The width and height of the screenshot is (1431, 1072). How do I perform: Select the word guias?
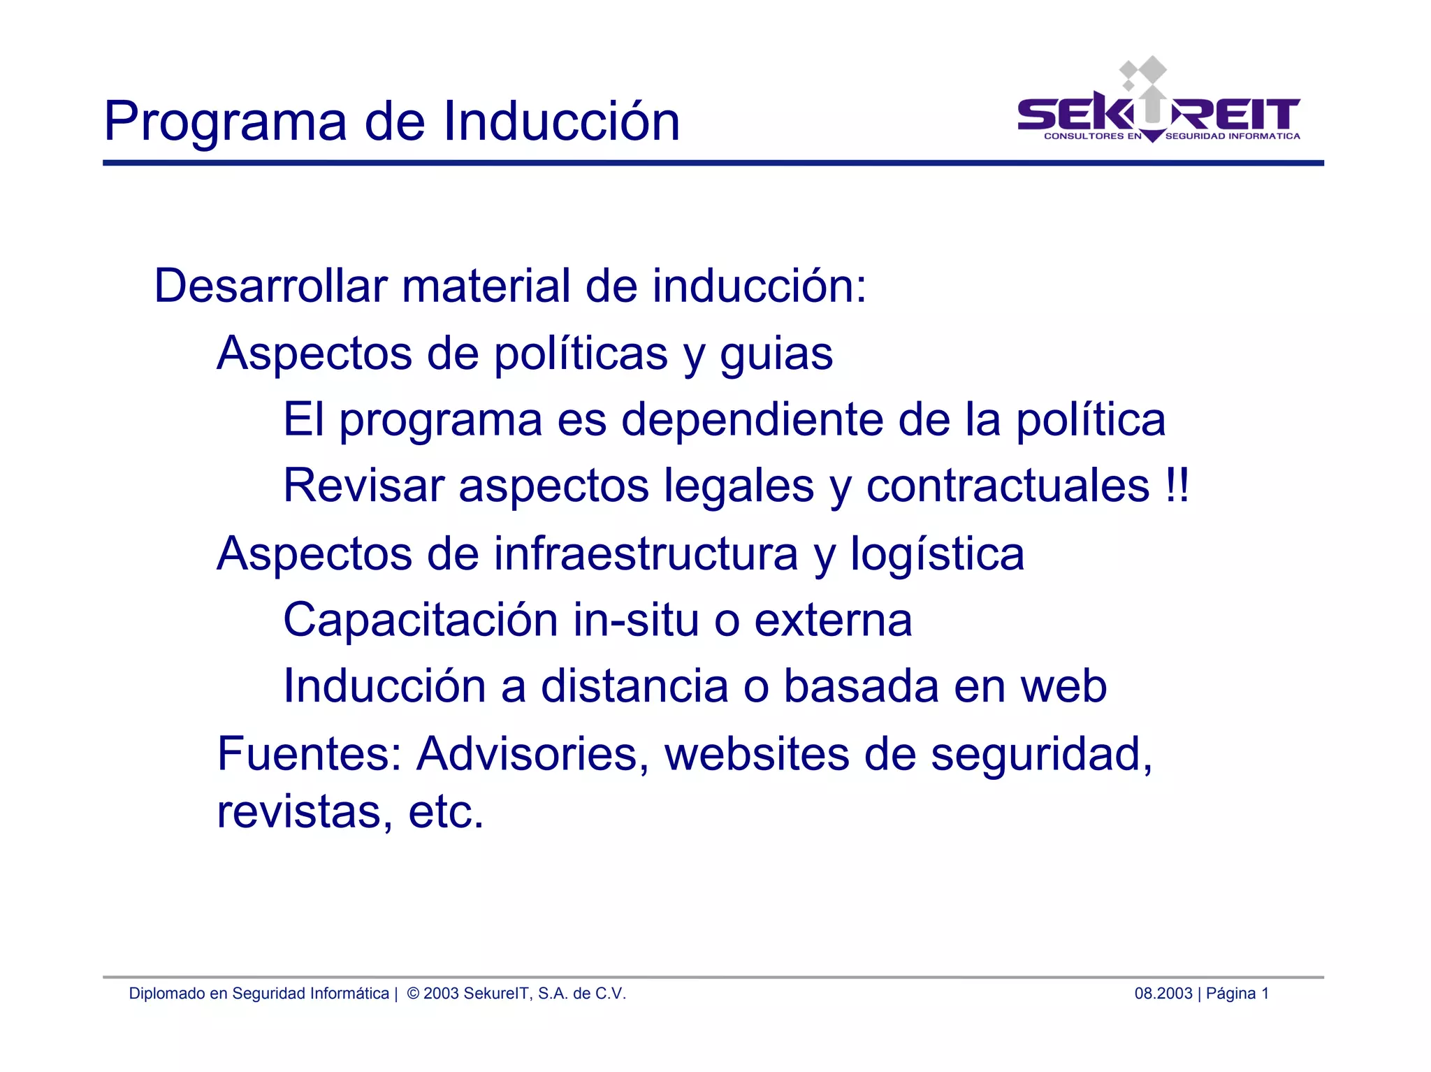[x=776, y=354]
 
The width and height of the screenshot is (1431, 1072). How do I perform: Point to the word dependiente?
[x=751, y=420]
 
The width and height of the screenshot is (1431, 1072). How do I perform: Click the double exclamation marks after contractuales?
[x=1177, y=486]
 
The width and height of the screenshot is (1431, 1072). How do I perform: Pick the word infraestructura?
[x=646, y=553]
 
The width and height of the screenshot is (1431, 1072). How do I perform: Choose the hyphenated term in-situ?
[x=636, y=620]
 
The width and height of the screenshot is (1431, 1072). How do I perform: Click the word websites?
[x=757, y=754]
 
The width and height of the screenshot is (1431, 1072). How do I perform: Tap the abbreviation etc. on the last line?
[x=446, y=812]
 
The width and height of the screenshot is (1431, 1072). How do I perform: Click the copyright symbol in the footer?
[x=413, y=994]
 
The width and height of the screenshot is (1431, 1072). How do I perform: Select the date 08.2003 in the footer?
[x=1163, y=994]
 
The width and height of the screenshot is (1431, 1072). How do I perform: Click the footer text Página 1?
[x=1237, y=994]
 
